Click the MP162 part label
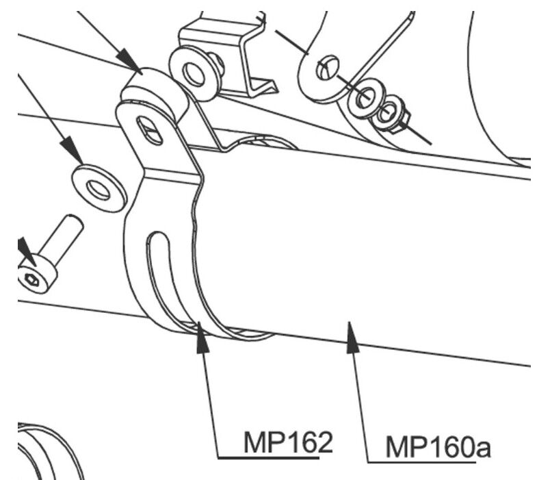[288, 442]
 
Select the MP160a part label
[438, 447]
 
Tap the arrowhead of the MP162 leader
[202, 338]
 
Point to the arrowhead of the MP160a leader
[352, 338]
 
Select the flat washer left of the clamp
[99, 188]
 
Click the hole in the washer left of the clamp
[99, 190]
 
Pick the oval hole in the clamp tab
[149, 131]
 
